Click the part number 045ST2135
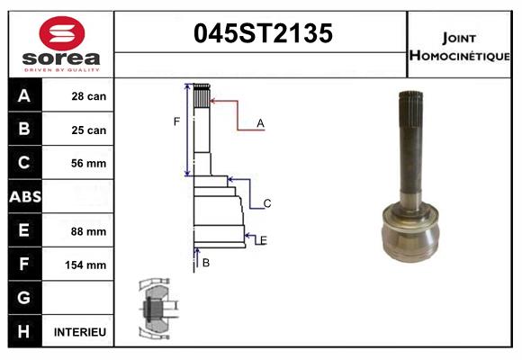point(264,34)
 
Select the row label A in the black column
point(24,96)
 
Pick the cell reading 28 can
point(89,96)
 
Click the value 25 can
point(89,130)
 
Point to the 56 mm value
point(89,164)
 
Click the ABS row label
point(24,197)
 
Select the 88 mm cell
point(89,231)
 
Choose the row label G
point(24,299)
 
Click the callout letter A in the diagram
point(260,123)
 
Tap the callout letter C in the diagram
point(267,203)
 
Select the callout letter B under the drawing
point(206,263)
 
